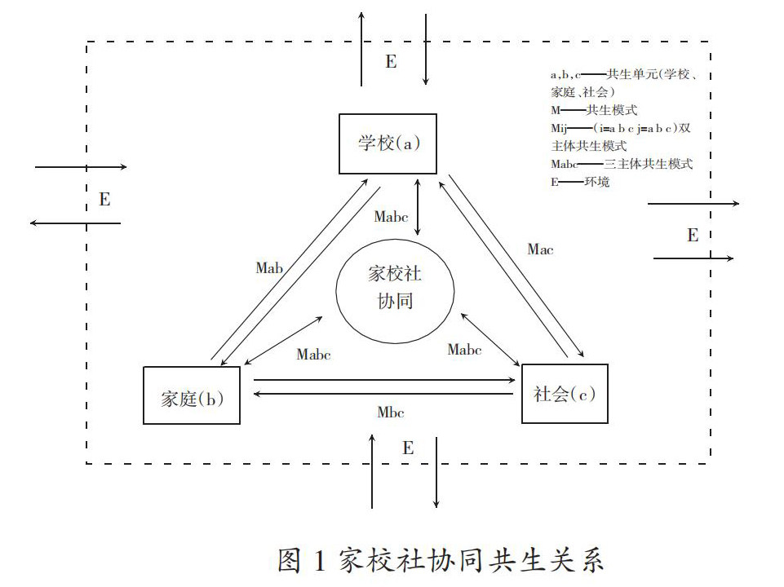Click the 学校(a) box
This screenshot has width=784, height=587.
click(x=388, y=143)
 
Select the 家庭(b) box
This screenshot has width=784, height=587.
click(x=191, y=395)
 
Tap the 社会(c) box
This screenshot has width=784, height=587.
click(x=565, y=393)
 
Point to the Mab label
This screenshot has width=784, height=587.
click(x=269, y=267)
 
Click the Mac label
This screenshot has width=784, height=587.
click(x=540, y=249)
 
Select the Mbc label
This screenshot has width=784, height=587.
click(x=391, y=412)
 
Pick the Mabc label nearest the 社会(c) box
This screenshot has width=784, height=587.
click(x=464, y=350)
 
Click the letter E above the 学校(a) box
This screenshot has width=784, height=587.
click(x=391, y=62)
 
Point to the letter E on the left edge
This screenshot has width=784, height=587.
click(x=104, y=200)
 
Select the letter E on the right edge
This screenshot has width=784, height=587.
click(x=693, y=236)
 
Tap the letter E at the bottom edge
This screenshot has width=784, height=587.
click(x=408, y=448)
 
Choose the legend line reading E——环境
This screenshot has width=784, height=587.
click(x=580, y=182)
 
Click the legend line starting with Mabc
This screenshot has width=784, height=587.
click(x=622, y=164)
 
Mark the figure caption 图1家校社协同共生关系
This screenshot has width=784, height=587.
click(x=441, y=561)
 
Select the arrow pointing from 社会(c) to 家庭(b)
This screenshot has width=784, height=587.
click(x=383, y=395)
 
